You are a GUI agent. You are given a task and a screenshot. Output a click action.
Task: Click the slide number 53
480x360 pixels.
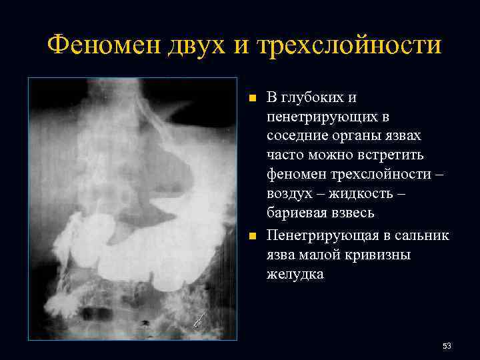coord(447,346)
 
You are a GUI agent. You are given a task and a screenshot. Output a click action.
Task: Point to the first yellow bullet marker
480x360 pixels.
coord(252,98)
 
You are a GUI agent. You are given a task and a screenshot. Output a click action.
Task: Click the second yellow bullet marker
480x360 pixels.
coord(252,236)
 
